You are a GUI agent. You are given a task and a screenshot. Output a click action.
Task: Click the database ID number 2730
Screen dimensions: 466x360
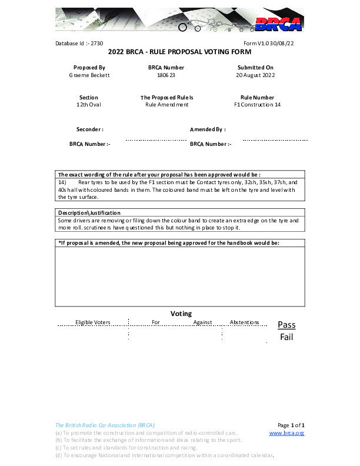(97, 44)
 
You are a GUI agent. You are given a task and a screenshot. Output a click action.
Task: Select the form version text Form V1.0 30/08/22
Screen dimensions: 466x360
(268, 44)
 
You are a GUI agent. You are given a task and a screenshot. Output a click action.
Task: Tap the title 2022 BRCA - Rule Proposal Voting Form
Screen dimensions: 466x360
(180, 52)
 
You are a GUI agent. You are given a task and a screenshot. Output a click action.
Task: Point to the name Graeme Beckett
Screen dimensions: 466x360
(89, 75)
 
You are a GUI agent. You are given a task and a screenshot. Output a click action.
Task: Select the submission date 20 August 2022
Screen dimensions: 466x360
(255, 75)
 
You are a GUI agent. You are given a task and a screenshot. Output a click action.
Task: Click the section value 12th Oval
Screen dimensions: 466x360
(89, 105)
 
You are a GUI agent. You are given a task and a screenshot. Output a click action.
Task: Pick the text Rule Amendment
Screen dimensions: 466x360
(167, 105)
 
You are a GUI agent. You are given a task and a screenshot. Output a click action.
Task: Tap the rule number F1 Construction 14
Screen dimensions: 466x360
(257, 105)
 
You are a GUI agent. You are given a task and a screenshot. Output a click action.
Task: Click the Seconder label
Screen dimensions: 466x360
(90, 129)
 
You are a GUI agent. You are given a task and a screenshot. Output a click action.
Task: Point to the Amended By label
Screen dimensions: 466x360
(208, 129)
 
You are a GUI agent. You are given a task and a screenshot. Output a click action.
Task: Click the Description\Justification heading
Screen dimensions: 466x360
(89, 212)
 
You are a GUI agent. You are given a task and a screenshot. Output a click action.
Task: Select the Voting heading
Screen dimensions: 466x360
(181, 314)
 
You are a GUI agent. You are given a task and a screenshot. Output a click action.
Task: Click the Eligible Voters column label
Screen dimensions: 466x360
(93, 322)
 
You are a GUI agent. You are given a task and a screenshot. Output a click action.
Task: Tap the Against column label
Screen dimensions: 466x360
(202, 322)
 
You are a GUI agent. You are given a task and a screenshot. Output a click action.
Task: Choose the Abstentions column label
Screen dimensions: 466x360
(244, 322)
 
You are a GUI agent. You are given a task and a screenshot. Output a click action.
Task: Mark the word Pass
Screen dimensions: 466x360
(286, 325)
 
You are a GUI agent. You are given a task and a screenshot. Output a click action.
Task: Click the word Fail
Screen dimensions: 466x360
(286, 337)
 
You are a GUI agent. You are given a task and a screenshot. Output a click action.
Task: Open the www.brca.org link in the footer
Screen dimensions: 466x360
(286, 433)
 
